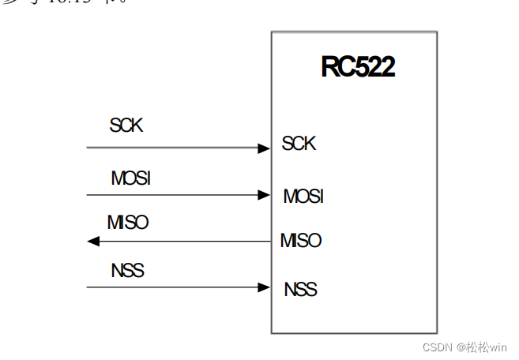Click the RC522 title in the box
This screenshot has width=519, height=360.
coord(357,67)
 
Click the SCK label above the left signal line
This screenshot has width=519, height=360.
coord(126,125)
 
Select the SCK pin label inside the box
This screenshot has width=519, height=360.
coord(299,144)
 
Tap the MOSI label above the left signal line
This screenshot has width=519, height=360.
coord(130,178)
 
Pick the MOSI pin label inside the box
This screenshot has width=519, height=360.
coord(303,196)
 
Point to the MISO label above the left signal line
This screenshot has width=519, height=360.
coord(127,223)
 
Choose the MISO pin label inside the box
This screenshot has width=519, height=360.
coord(301,241)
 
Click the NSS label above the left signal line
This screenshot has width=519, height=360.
coord(127,271)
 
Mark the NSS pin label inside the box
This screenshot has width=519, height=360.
coord(300,289)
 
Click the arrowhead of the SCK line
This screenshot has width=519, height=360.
coord(264,148)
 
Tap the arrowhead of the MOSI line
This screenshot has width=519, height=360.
coord(264,195)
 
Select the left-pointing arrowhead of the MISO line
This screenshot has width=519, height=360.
coord(93,242)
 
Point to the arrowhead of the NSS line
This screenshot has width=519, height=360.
coord(264,287)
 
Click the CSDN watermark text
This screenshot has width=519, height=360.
coord(436,347)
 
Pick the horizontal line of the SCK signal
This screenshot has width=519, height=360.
coord(174,148)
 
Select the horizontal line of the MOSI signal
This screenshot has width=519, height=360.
coord(174,195)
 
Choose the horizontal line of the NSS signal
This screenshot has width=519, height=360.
coord(174,287)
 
